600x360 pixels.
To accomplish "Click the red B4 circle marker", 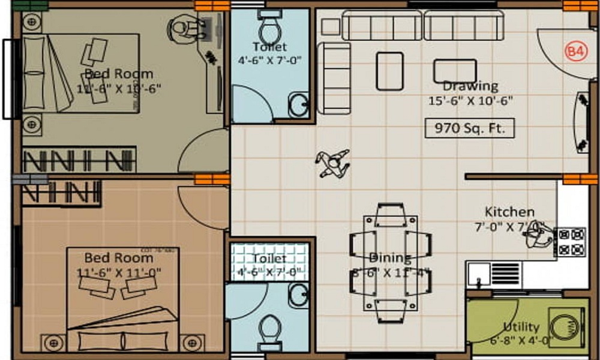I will tap(575, 52).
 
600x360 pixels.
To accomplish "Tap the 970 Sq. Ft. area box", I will tap(469, 128).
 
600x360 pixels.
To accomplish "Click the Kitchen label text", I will tap(509, 212).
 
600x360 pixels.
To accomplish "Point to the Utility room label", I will tap(521, 327).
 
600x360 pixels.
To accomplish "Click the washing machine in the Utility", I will tap(566, 326).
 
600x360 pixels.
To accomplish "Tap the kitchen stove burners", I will tap(571, 242).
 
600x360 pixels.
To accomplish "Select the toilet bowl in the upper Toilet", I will tap(269, 26).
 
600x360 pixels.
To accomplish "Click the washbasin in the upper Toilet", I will tap(298, 104).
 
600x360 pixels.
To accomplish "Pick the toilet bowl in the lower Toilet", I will tap(270, 329).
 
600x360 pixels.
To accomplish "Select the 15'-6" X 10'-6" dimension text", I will tap(470, 101).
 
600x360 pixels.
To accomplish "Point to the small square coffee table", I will tap(389, 71).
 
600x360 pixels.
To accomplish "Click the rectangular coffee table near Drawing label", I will tap(455, 70).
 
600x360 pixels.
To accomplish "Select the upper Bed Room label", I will tap(118, 74).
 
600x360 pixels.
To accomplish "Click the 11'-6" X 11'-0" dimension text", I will tap(118, 272).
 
